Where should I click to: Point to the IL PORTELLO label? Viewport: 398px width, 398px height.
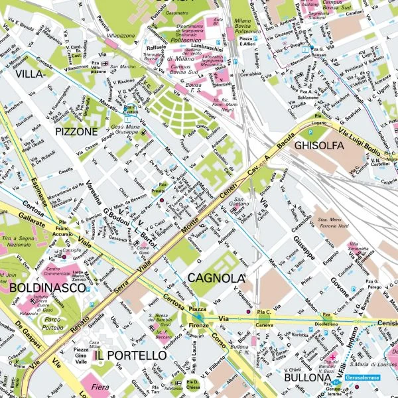click(x=130, y=356)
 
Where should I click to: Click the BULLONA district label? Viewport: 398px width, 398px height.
click(x=307, y=378)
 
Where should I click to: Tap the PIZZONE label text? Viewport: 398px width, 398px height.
click(x=77, y=132)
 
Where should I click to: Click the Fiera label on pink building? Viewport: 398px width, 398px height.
click(x=100, y=387)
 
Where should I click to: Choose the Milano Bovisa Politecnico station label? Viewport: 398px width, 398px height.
click(x=247, y=26)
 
